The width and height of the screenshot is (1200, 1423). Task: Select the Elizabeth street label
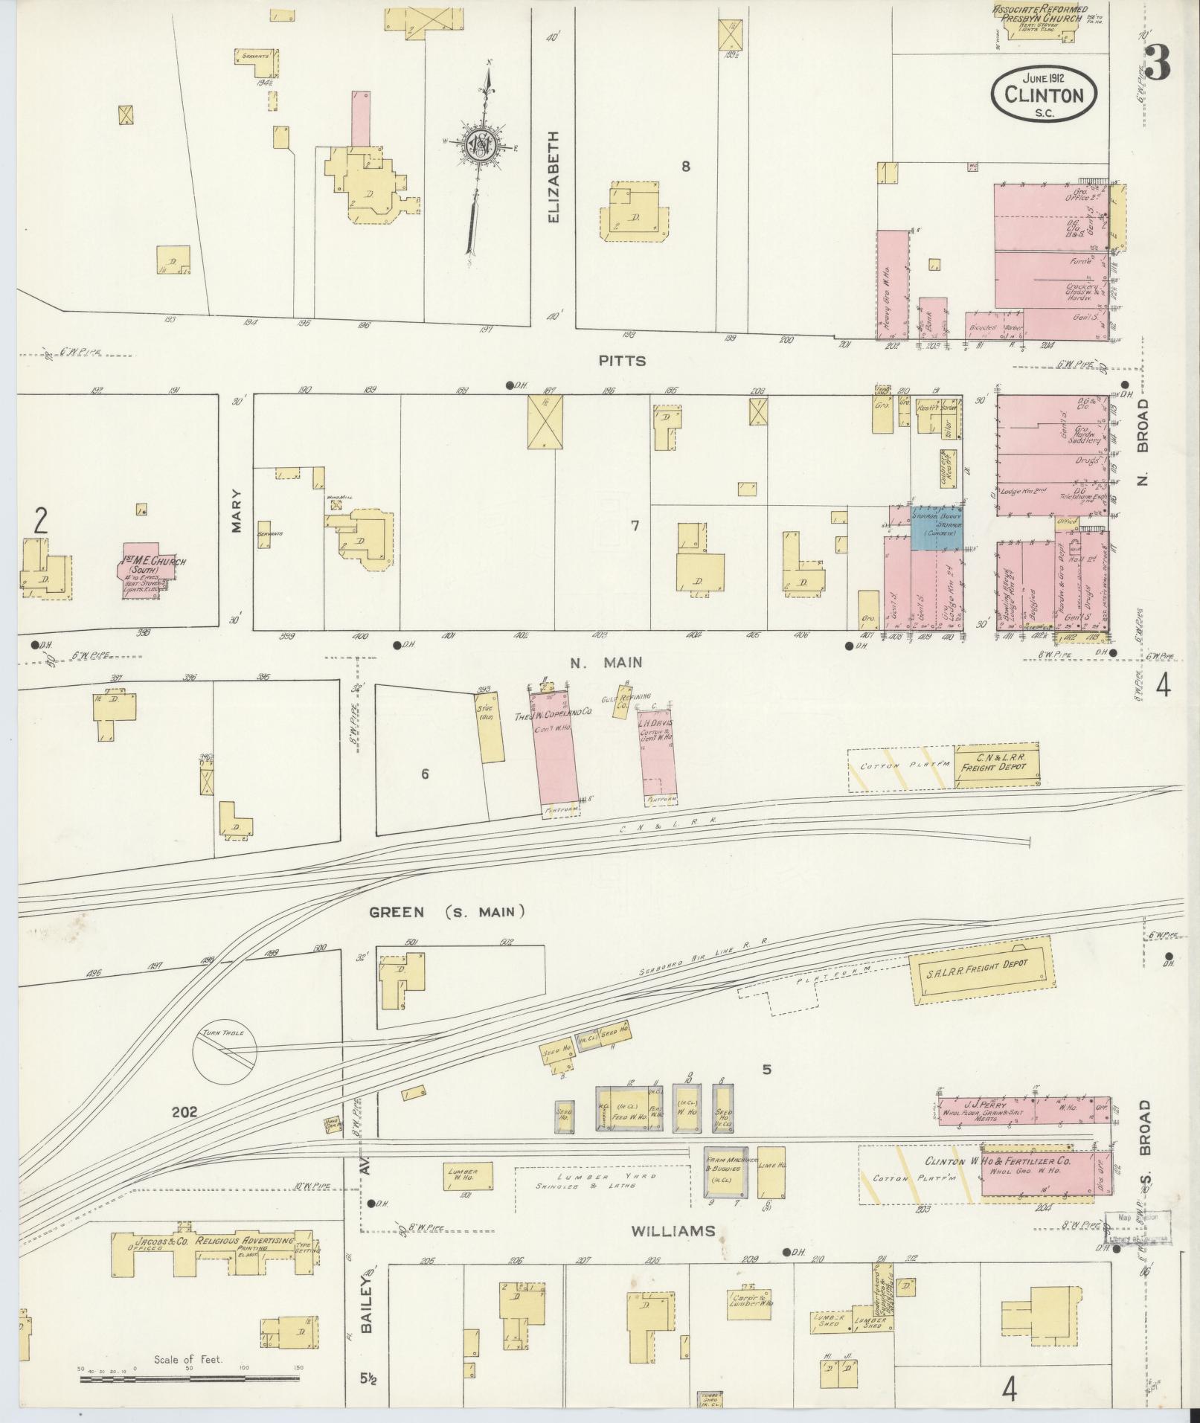tap(553, 177)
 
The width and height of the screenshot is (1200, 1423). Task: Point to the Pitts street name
tap(623, 361)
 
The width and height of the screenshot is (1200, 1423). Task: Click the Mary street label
tap(237, 510)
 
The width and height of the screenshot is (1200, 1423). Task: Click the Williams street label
tap(673, 1231)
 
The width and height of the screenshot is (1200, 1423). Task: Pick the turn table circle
tap(225, 1050)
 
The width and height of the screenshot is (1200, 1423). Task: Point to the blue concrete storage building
tap(936, 529)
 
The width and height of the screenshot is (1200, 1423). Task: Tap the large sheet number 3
tap(1157, 62)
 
